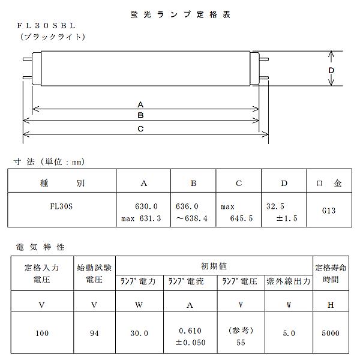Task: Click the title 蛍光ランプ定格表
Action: click(179, 14)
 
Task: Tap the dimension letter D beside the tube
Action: click(331, 70)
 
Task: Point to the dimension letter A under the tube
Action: click(140, 103)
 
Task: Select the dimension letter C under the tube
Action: click(140, 128)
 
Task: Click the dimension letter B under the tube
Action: click(140, 115)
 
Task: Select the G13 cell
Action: click(329, 212)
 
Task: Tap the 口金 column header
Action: click(329, 184)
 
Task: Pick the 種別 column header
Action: click(61, 184)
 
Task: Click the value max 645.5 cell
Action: click(238, 212)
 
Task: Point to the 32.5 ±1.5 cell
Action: click(283, 212)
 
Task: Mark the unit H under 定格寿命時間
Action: click(331, 305)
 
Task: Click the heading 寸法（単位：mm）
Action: click(49, 161)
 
